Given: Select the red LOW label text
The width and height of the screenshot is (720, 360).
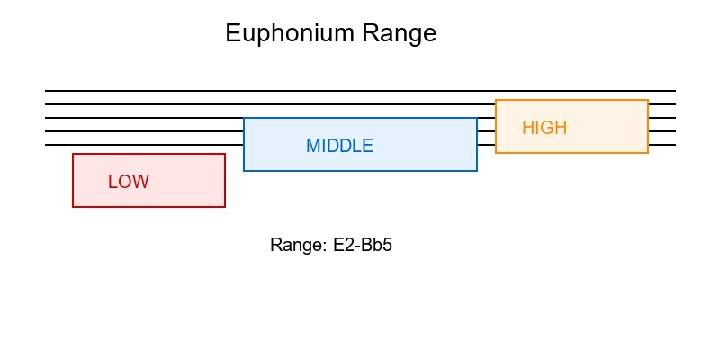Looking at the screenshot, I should click(129, 182).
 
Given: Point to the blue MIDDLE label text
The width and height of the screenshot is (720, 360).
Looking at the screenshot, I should click(339, 146).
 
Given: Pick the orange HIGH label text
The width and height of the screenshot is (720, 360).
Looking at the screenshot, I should click(544, 128).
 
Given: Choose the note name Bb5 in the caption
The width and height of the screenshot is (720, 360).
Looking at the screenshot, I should click(374, 246).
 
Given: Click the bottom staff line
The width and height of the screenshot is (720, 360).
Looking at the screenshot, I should click(144, 145).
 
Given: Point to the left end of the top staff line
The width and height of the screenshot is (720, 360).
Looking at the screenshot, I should click(46, 91).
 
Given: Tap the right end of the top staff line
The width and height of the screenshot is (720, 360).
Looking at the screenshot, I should click(674, 91).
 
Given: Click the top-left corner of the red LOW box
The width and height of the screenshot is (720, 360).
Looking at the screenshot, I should click(73, 154).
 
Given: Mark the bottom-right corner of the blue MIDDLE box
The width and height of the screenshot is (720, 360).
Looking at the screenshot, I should click(477, 171).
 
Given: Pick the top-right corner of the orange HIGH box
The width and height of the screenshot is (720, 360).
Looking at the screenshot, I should click(648, 100).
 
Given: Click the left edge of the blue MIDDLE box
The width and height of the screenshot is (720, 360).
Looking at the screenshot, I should click(244, 144).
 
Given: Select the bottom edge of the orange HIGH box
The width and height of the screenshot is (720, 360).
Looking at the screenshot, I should click(571, 153).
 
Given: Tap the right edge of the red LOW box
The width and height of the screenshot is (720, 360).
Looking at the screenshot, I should click(225, 180).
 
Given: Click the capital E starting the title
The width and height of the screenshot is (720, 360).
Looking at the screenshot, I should click(232, 34).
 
